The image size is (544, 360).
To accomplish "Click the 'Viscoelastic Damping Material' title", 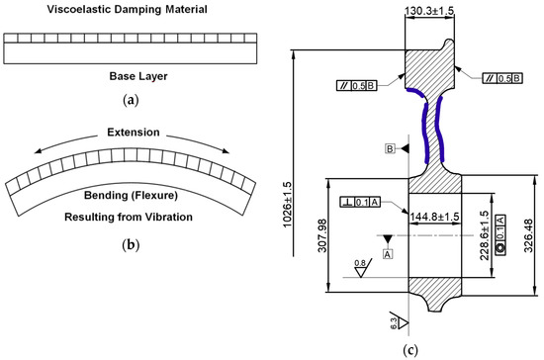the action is (x=127, y=9).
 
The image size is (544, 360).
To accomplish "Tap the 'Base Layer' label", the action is (x=138, y=76).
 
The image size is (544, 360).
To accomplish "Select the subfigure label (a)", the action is (x=131, y=100).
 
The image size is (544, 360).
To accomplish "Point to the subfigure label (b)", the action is (x=131, y=245).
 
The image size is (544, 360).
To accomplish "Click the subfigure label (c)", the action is (x=410, y=350).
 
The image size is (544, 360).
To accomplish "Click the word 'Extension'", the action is (x=134, y=133).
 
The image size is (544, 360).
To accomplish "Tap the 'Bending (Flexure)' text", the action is (x=131, y=195).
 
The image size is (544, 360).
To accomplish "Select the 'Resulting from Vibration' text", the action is (x=129, y=218).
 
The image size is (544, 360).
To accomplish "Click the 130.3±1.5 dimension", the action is (x=429, y=11).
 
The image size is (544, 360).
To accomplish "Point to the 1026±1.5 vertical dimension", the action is (x=288, y=205).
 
